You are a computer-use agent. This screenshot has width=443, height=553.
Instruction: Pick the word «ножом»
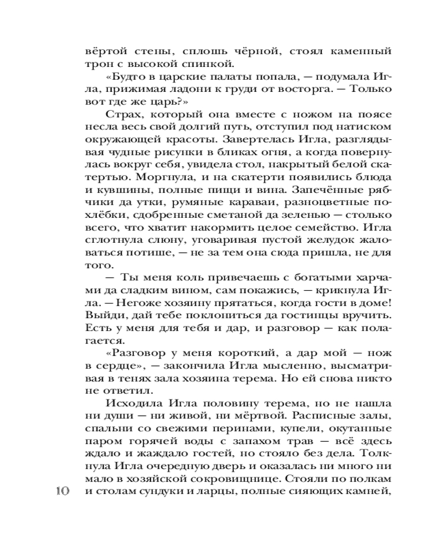(x=294, y=131)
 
